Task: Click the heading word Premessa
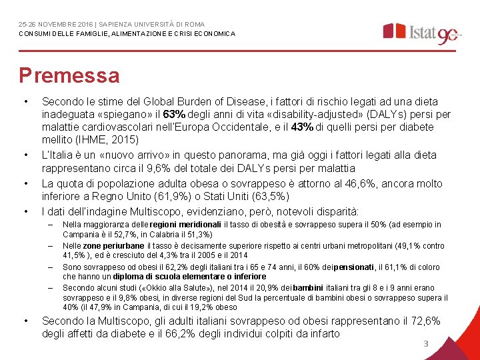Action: [x=69, y=75]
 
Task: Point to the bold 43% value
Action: [x=303, y=127]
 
